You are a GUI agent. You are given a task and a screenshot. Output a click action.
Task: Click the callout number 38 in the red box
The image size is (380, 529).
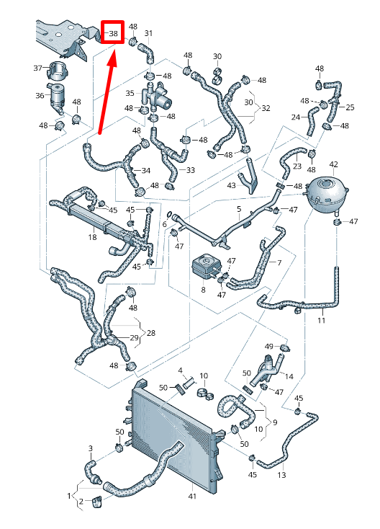pyautogui.click(x=113, y=33)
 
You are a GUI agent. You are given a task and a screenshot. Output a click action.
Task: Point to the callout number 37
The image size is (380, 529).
pyautogui.click(x=38, y=68)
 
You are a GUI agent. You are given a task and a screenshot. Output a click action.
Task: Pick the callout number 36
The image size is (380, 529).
pyautogui.click(x=40, y=95)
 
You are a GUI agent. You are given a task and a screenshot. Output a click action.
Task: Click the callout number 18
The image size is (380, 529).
pyautogui.click(x=92, y=237)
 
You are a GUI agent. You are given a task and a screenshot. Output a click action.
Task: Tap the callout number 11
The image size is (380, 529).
pyautogui.click(x=321, y=319)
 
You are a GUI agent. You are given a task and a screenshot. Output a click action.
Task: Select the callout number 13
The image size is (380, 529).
pyautogui.click(x=281, y=476)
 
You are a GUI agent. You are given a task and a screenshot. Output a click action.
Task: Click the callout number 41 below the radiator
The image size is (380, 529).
pyautogui.click(x=192, y=496)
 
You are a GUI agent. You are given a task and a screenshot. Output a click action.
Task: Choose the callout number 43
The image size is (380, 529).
pyautogui.click(x=231, y=185)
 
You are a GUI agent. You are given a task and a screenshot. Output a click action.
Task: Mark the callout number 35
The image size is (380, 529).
pyautogui.click(x=130, y=93)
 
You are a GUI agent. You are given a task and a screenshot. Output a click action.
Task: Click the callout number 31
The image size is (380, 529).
pyautogui.click(x=148, y=33)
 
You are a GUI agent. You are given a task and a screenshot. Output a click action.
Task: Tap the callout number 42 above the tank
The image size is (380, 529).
pyautogui.click(x=333, y=165)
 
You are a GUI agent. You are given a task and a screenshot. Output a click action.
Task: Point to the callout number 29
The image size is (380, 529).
pyautogui.click(x=134, y=338)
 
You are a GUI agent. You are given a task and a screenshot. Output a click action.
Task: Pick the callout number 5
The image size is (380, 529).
pyautogui.click(x=238, y=209)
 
